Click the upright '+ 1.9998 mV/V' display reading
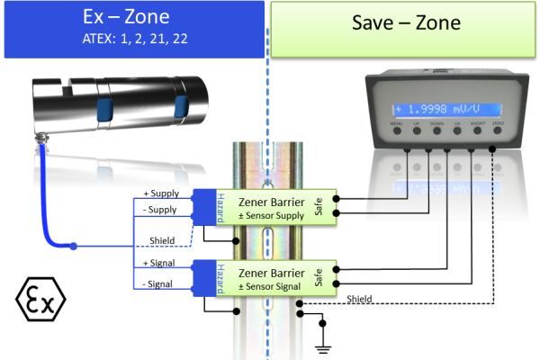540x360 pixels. (x=444, y=107)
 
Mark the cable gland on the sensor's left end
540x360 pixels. (x=40, y=139)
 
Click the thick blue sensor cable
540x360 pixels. (x=43, y=211)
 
